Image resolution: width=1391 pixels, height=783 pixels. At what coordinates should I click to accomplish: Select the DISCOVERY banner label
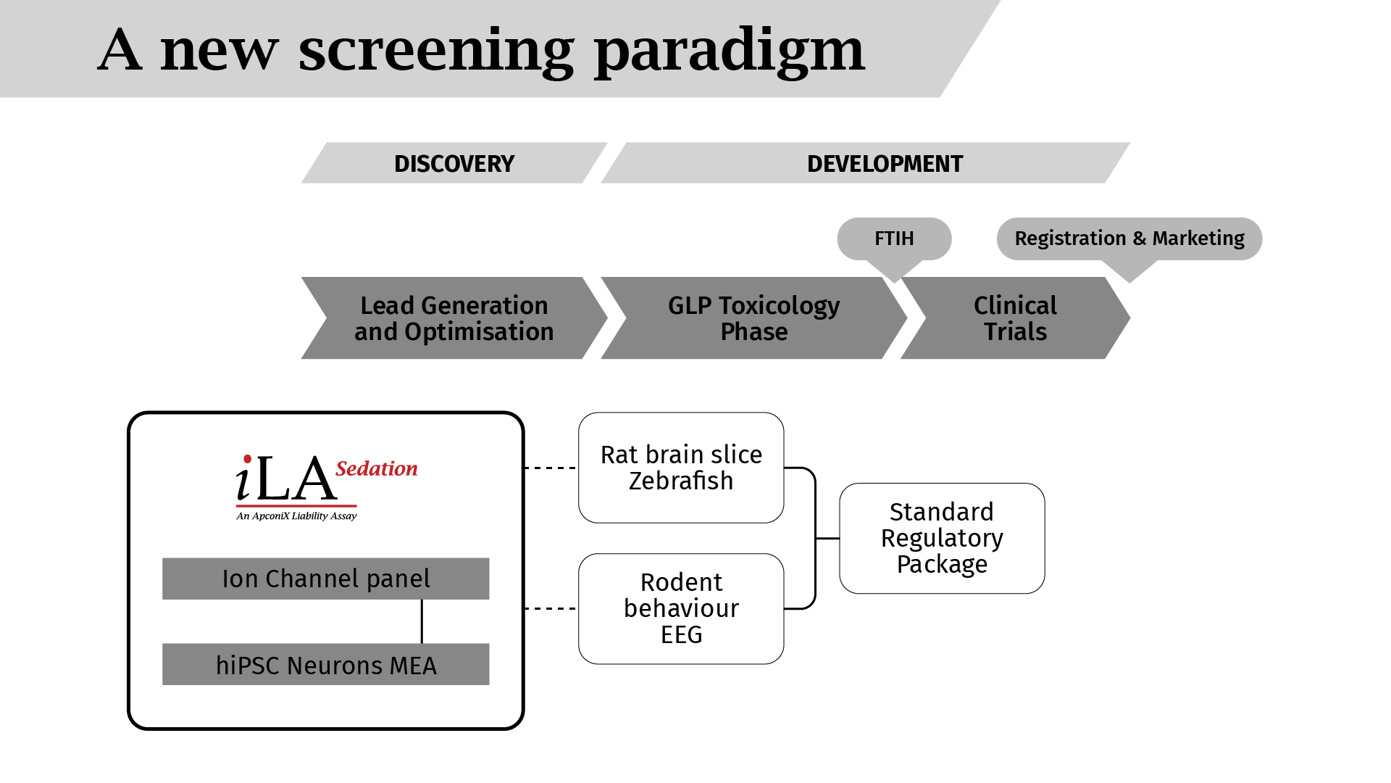(454, 163)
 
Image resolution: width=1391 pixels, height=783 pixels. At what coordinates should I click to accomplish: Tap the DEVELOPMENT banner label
(866, 163)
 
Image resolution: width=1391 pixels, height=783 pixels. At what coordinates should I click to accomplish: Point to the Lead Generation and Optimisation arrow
(454, 318)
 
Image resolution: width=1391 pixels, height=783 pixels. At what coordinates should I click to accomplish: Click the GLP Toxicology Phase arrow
(753, 318)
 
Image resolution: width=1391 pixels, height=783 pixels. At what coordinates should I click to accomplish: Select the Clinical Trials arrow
(1015, 318)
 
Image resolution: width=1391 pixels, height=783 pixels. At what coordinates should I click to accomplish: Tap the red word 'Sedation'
(377, 469)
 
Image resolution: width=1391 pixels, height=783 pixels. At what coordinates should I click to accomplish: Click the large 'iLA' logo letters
(285, 478)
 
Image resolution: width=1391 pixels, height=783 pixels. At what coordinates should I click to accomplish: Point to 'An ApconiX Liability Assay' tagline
(296, 516)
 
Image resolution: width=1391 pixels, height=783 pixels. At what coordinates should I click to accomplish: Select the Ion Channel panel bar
(326, 579)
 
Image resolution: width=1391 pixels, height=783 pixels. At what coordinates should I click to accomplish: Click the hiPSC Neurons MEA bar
(326, 664)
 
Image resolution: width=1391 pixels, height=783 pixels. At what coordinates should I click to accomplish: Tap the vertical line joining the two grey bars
(422, 621)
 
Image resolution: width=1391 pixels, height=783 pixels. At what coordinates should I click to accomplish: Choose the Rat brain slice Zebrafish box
(681, 468)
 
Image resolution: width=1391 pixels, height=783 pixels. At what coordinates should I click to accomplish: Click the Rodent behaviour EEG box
(681, 609)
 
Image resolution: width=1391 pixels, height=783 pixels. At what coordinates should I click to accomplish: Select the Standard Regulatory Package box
(942, 538)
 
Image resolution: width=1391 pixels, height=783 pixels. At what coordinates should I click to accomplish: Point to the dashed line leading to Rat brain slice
(551, 468)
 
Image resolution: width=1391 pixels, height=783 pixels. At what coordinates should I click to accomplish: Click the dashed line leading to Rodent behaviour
(551, 609)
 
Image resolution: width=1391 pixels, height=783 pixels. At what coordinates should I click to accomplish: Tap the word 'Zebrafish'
(681, 481)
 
